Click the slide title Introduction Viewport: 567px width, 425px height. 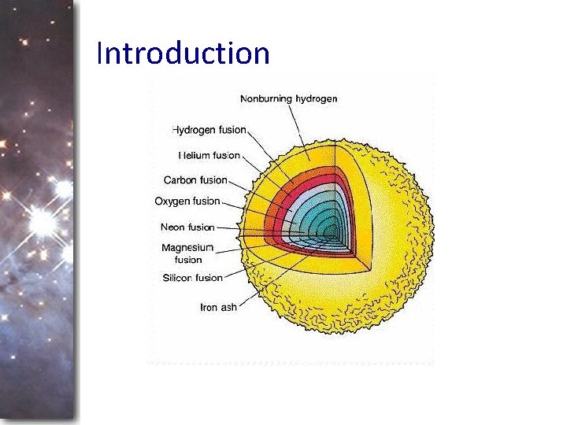point(183,54)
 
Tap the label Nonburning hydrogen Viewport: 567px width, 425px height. point(288,98)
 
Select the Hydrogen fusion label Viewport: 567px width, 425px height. point(209,129)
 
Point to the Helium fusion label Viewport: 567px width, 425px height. point(209,155)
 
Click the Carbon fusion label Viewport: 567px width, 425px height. point(195,180)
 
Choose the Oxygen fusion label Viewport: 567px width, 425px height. point(187,201)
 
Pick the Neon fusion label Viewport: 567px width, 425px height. point(187,227)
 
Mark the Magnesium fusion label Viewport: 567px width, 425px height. point(187,253)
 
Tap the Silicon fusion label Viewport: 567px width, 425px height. point(192,277)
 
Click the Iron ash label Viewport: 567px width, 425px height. point(219,307)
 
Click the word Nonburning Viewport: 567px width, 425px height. point(266,98)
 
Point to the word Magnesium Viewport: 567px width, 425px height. point(187,248)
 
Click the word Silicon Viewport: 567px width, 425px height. point(178,277)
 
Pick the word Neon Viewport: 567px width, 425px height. point(173,227)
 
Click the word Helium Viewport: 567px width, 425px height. point(194,155)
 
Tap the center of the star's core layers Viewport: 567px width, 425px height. point(335,230)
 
